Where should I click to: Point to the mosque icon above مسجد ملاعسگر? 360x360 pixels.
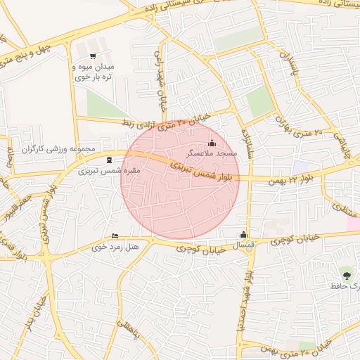coord(213,144)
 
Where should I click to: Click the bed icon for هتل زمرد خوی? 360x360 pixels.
coord(115,236)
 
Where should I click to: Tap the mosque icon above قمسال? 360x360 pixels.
coord(244,234)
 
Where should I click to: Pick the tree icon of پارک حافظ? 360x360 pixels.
coord(345,273)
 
